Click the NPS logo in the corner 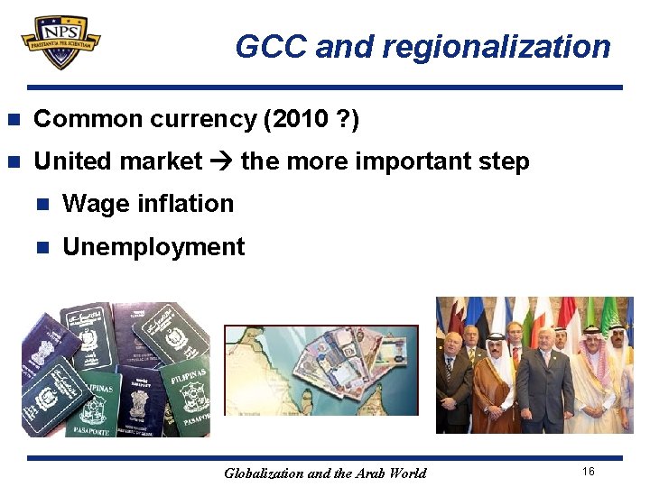click(61, 41)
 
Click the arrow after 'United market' click(221, 162)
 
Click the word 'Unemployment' click(153, 247)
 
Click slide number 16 click(589, 472)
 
